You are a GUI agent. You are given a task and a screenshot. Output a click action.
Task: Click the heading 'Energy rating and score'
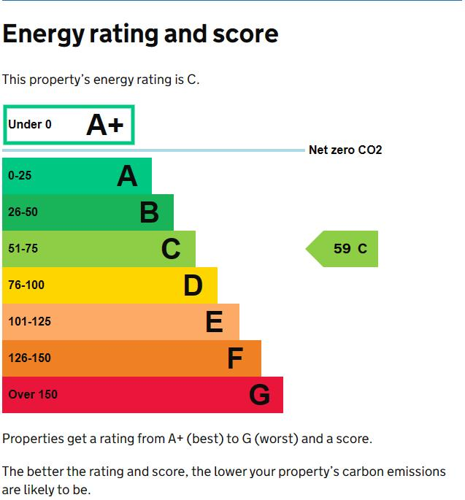pyautogui.click(x=140, y=34)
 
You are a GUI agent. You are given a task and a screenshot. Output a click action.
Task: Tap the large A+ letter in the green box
pyautogui.click(x=105, y=125)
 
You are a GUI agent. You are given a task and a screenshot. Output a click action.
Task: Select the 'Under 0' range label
pyautogui.click(x=30, y=125)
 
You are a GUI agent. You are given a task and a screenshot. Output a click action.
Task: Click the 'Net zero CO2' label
pyautogui.click(x=345, y=150)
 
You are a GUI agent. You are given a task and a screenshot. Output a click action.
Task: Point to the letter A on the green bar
pyautogui.click(x=127, y=176)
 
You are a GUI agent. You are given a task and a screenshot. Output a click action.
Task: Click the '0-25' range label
pyautogui.click(x=20, y=176)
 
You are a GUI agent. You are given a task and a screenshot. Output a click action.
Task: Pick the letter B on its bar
pyautogui.click(x=149, y=212)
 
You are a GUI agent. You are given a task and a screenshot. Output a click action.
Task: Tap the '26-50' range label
pyautogui.click(x=23, y=212)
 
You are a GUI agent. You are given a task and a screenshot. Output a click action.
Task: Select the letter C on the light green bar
pyautogui.click(x=171, y=249)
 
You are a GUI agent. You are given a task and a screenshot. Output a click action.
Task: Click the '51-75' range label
pyautogui.click(x=23, y=249)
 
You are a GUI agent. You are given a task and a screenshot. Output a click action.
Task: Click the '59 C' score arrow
pyautogui.click(x=343, y=249)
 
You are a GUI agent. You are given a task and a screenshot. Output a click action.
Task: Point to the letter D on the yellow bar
pyautogui.click(x=193, y=285)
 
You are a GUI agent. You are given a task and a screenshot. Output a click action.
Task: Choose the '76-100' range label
pyautogui.click(x=26, y=285)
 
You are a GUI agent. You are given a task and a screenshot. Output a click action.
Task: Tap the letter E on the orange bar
pyautogui.click(x=214, y=322)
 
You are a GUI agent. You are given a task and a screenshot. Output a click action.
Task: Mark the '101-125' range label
pyautogui.click(x=29, y=322)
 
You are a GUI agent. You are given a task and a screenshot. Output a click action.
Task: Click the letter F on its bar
pyautogui.click(x=234, y=358)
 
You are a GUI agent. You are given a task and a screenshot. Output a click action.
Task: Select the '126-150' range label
pyautogui.click(x=29, y=358)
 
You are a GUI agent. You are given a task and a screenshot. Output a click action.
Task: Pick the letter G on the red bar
pyautogui.click(x=259, y=395)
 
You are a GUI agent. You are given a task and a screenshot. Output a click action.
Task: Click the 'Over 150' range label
pyautogui.click(x=33, y=395)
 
